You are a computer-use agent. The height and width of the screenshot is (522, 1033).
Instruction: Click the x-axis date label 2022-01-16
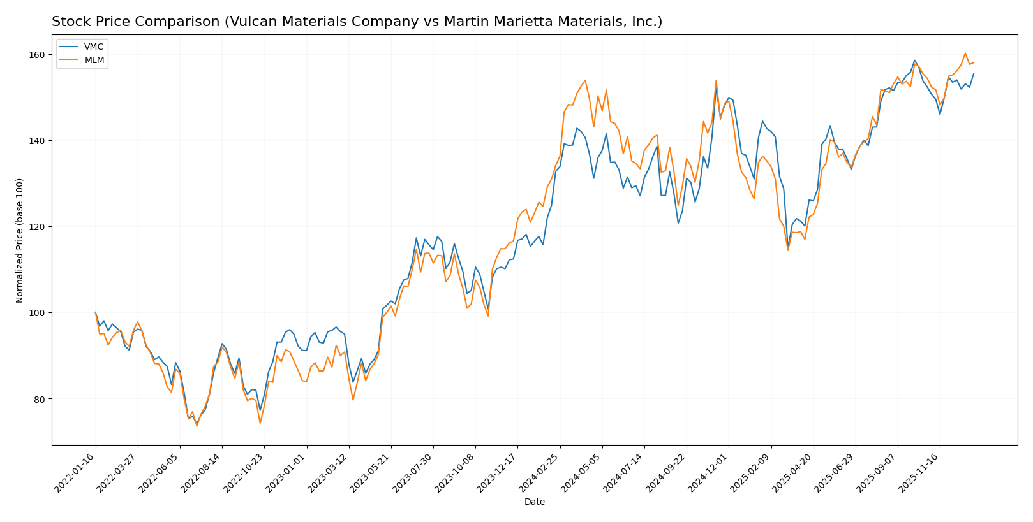[x=75, y=472]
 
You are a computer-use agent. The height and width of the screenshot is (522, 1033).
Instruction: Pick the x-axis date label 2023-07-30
[x=413, y=472]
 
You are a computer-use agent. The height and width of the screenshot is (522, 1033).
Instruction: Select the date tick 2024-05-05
[x=581, y=472]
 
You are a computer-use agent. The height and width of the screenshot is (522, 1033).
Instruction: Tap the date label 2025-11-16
[x=919, y=472]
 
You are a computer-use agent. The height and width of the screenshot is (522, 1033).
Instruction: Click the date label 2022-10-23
[x=244, y=472]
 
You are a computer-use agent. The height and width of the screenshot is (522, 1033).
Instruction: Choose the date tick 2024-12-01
[x=708, y=472]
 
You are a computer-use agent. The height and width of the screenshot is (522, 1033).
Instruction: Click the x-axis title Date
[x=534, y=502]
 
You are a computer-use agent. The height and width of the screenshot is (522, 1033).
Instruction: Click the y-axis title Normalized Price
[x=20, y=240]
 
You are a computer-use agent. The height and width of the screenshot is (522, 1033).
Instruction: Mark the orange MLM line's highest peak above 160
[x=965, y=53]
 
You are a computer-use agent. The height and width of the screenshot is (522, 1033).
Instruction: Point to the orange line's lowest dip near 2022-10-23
[x=260, y=423]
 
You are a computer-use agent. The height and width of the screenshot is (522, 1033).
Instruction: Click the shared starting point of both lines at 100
[x=96, y=312]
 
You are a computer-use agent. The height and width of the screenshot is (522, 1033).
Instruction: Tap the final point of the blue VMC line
[x=974, y=73]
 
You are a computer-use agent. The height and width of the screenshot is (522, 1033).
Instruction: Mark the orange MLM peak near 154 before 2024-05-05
[x=585, y=80]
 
